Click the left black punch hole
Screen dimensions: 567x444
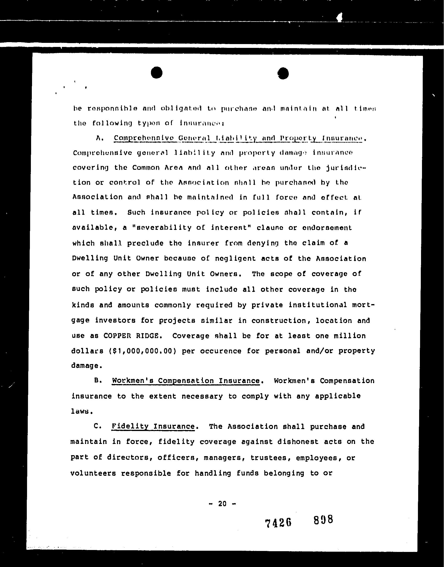156,72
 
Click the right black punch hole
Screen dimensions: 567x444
283,73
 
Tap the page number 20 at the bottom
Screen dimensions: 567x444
222,504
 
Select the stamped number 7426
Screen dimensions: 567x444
278,523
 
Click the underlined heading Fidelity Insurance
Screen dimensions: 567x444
153,426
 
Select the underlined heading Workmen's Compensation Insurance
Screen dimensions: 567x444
186,381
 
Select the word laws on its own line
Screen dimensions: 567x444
81,411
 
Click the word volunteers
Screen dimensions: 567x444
93,473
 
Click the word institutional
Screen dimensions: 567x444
318,305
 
